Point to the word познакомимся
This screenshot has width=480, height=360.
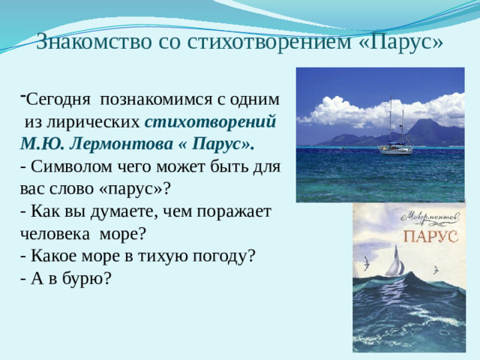tap(160, 99)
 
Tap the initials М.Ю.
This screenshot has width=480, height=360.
tap(42, 142)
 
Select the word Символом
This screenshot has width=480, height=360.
tap(71, 164)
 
